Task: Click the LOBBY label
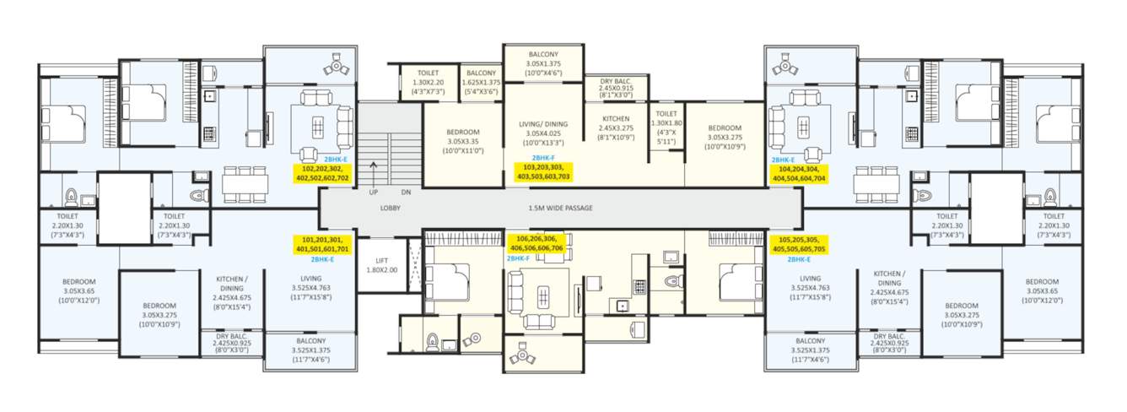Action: point(390,208)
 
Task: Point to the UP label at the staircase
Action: point(373,192)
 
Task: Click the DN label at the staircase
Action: point(406,192)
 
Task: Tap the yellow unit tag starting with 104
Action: point(798,173)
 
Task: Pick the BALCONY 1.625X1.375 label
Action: point(483,82)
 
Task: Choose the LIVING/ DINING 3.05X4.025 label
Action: point(542,133)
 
